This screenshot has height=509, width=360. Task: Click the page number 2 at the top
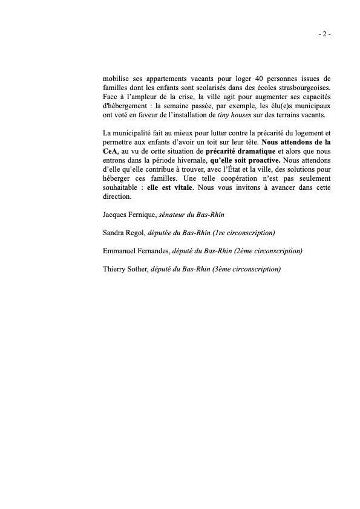click(x=324, y=34)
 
